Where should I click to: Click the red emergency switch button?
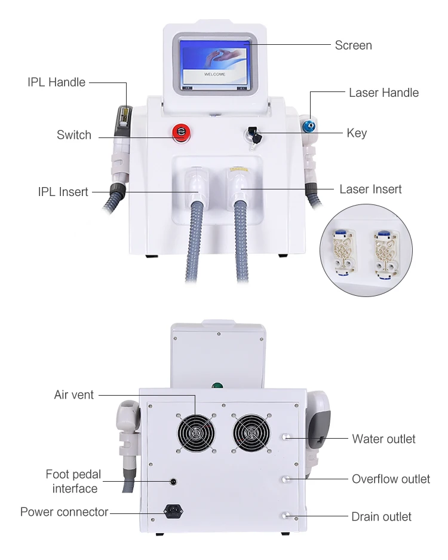click(x=180, y=133)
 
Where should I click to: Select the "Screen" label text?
click(x=353, y=45)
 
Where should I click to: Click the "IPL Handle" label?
click(x=56, y=82)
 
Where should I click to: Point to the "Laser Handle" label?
click(x=383, y=93)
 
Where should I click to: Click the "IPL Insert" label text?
click(x=63, y=192)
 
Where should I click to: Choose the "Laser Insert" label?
click(x=370, y=189)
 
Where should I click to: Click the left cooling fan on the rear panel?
click(x=195, y=431)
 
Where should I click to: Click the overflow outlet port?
click(x=287, y=479)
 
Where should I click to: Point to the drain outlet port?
click(x=287, y=516)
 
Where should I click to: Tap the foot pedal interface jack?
click(x=173, y=481)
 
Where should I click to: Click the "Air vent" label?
click(x=74, y=395)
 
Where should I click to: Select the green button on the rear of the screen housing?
click(x=219, y=385)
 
